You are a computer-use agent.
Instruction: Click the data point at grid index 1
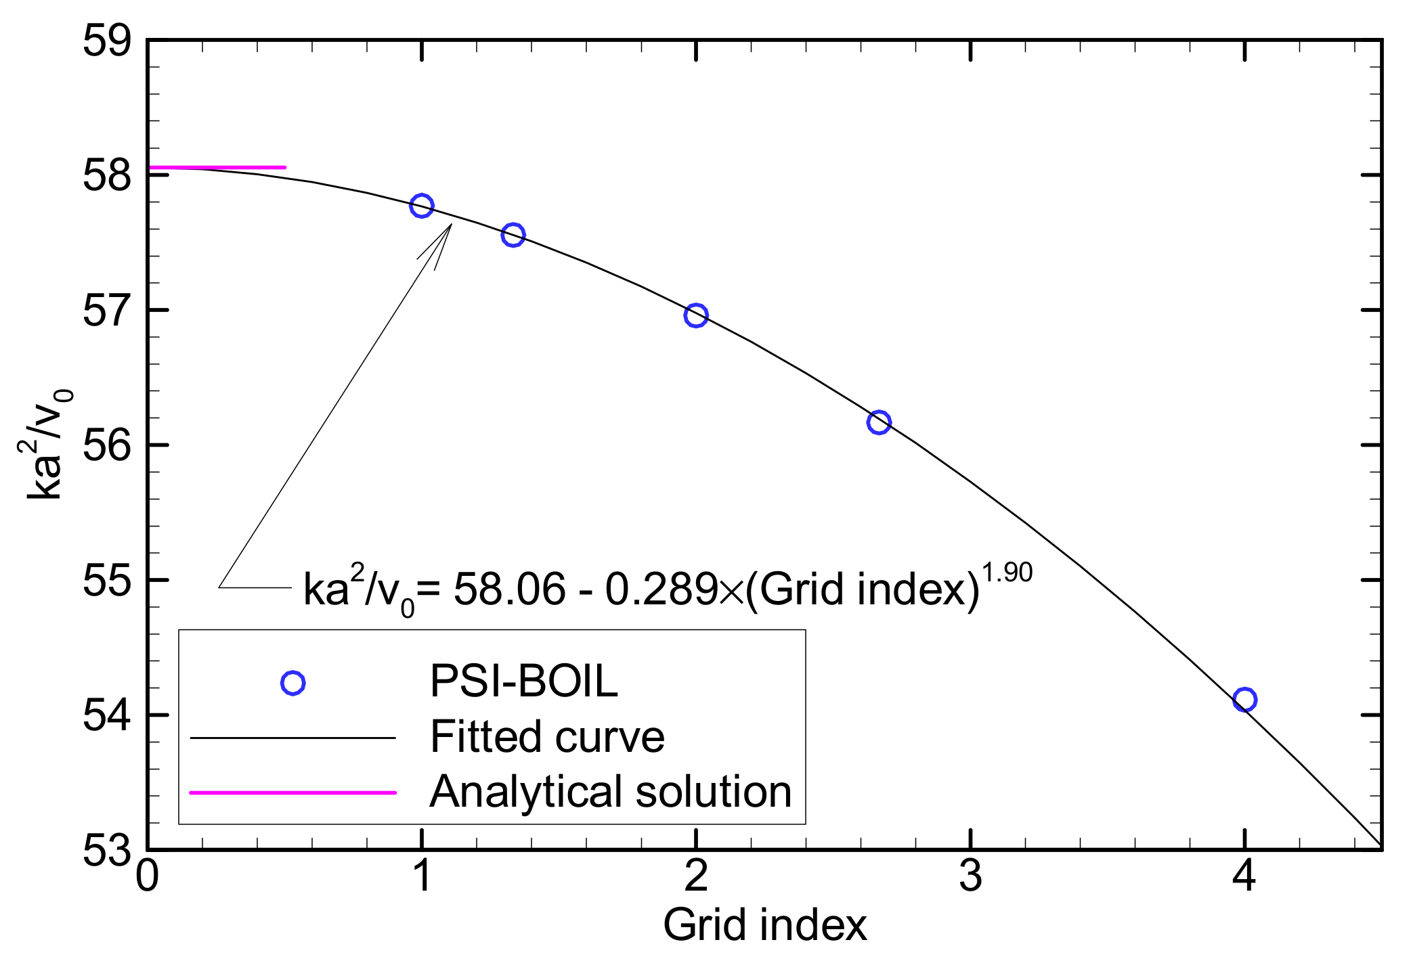(421, 206)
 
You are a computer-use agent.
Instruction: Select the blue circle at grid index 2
(695, 315)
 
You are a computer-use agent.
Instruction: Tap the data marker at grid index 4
(1244, 699)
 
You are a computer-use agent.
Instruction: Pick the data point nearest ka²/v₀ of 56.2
(878, 422)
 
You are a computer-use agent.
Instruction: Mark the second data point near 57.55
(513, 235)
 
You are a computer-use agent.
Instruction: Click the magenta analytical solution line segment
(217, 167)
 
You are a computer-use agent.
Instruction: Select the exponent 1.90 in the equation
(1007, 573)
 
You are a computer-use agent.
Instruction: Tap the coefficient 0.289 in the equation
(661, 589)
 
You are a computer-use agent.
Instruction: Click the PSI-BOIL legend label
(523, 681)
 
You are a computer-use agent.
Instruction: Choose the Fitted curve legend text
(547, 736)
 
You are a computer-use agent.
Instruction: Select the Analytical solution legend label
(610, 791)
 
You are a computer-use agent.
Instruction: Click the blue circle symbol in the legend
(292, 683)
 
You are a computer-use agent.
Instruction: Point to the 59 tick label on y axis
(107, 41)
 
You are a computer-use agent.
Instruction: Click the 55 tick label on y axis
(107, 581)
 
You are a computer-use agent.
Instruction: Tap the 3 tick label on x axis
(970, 876)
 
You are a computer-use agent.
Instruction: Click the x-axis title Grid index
(764, 924)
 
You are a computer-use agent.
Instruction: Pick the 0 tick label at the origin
(147, 876)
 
